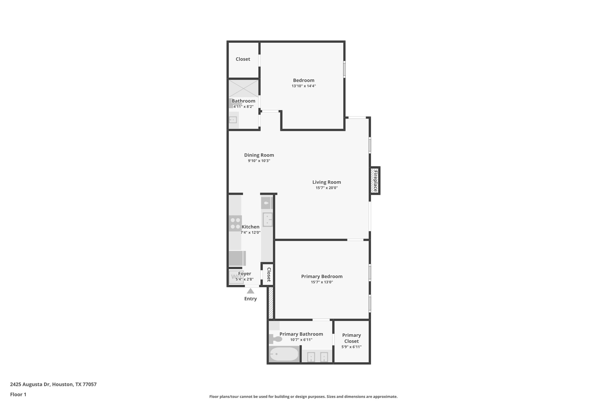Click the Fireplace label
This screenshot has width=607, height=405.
point(375,181)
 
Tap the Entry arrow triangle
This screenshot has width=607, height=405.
point(250,291)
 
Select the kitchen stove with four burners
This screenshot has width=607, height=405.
point(235,223)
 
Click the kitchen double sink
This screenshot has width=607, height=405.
point(268,220)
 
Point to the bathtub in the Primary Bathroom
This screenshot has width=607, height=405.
point(284,354)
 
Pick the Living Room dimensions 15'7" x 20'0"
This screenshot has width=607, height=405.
point(327,188)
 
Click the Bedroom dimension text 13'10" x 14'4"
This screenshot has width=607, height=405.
point(303,86)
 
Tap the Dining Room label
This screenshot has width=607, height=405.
point(259,155)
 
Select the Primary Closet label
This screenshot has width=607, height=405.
point(352,338)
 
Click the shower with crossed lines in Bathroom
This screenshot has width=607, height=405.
point(243,88)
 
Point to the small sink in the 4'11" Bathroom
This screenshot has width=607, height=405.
point(233,120)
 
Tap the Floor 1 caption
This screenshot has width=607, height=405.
point(18,395)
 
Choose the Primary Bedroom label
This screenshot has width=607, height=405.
point(322,276)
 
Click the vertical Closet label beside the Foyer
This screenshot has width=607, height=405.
point(269,275)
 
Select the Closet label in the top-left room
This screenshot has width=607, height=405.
point(243,59)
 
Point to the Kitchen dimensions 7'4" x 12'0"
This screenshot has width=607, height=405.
point(250,233)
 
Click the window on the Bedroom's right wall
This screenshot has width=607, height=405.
point(344,69)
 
